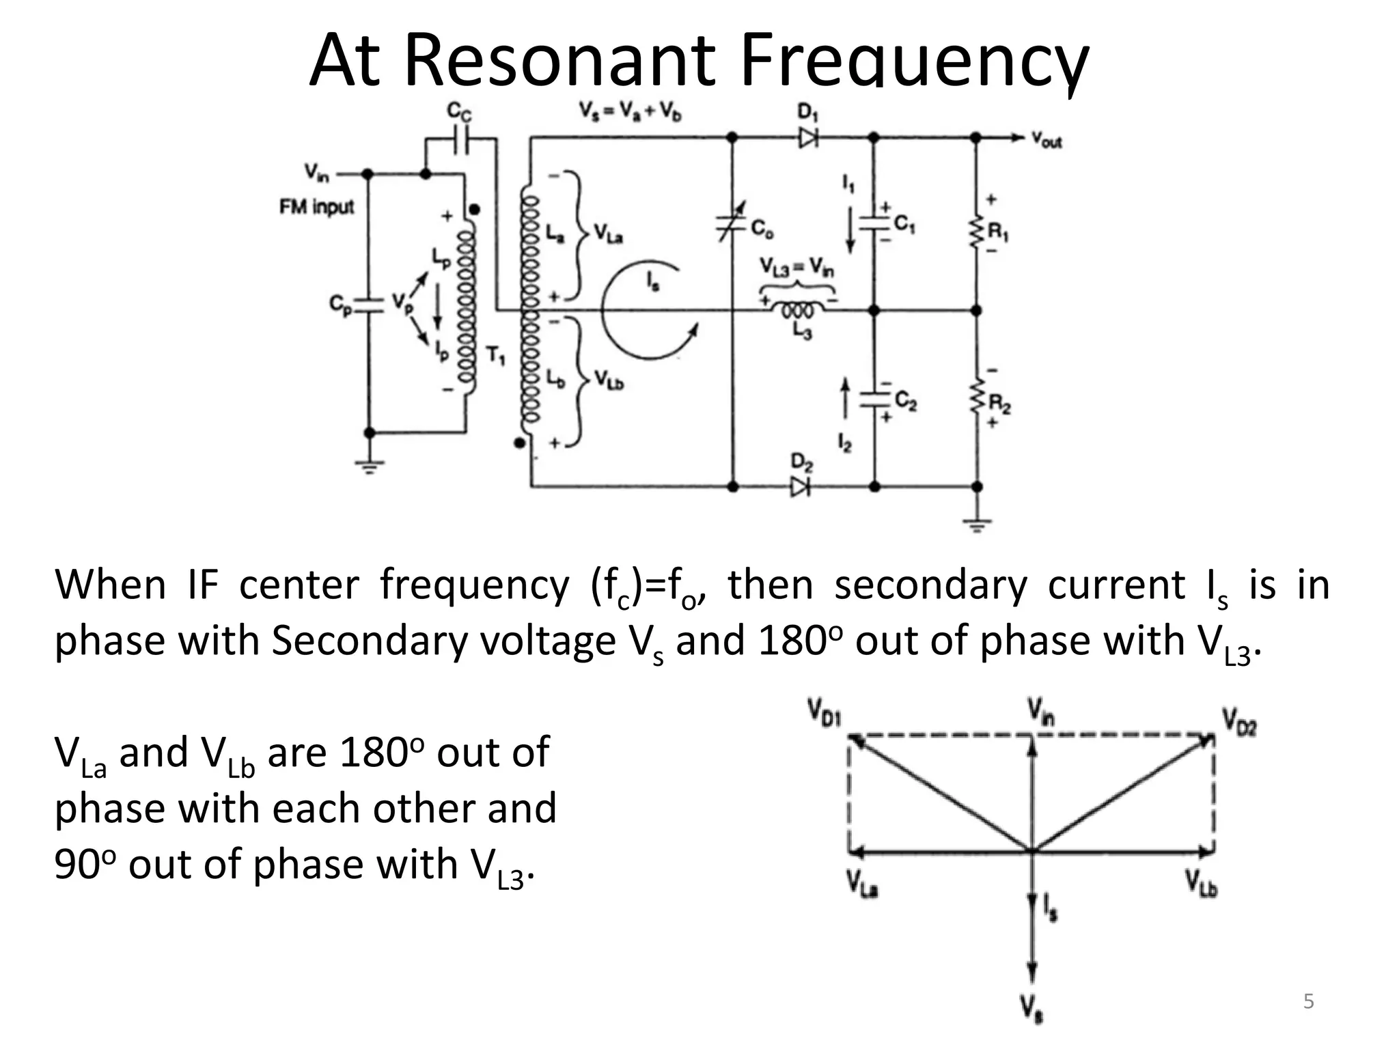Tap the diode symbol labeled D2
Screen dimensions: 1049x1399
click(800, 487)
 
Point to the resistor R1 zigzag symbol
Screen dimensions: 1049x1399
click(977, 233)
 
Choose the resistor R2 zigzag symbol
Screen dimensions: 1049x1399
click(977, 398)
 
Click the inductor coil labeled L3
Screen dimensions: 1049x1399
click(798, 311)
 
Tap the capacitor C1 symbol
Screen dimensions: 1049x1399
click(874, 223)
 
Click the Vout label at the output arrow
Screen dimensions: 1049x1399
click(1046, 141)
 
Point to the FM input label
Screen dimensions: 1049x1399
click(316, 206)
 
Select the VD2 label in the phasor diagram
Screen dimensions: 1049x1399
click(1239, 721)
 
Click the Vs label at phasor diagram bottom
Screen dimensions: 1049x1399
click(1031, 1008)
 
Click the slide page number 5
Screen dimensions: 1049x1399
click(1308, 1001)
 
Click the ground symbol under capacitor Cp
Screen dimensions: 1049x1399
click(370, 466)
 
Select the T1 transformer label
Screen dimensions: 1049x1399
click(496, 355)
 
